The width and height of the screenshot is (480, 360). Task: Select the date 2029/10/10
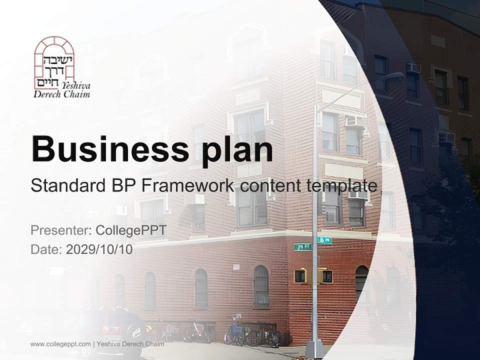coord(99,249)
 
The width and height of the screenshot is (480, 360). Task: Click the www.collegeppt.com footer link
coord(60,344)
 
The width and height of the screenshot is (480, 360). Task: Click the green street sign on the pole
coord(302,246)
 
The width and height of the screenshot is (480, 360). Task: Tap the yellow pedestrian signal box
coord(300,275)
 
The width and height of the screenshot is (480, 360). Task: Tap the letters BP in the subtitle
coord(123,185)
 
